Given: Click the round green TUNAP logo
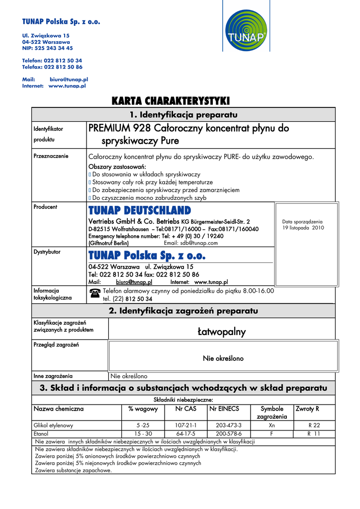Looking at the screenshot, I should pos(246,31).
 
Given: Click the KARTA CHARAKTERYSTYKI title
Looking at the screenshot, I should pos(171,101).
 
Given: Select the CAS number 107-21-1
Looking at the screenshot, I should pos(186,425).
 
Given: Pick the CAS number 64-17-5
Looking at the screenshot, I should pos(186,433).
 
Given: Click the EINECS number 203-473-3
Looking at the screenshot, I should pos(229,425).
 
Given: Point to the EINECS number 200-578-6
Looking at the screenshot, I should pos(229,433).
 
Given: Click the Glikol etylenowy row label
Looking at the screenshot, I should pos(53,425).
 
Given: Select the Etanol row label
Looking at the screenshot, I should pos(41,433).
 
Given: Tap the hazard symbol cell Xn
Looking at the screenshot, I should pos(271,425).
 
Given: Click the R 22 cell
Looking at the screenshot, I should pos(314,425).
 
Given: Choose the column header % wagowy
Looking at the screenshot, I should pos(143,409).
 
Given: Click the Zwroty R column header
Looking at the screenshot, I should pos(307,409).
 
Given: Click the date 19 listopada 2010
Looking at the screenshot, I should pos(303,228).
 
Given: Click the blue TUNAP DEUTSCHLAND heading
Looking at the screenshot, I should pos(139,210).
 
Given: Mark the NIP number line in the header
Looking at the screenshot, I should pos(47,48).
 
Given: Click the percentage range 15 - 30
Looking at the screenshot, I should pos(143,433).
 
